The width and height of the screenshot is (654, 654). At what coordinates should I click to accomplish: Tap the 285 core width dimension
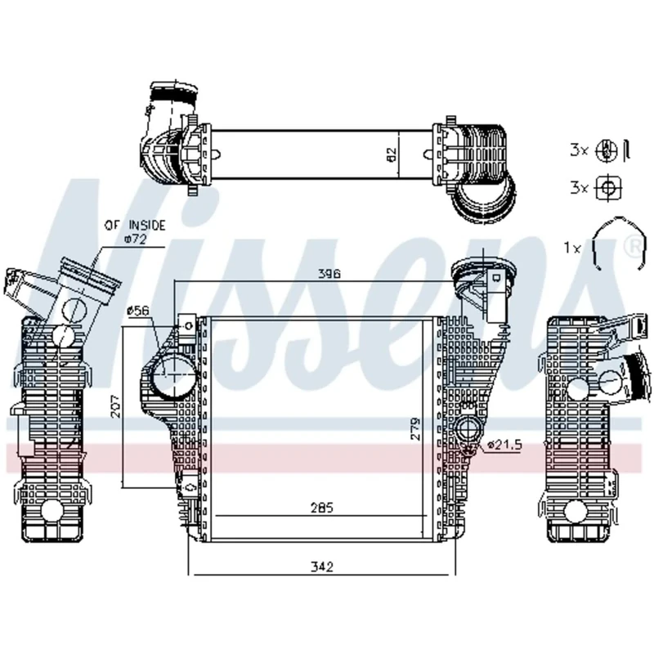(322, 507)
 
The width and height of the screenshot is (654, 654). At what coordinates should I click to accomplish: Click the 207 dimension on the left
(115, 406)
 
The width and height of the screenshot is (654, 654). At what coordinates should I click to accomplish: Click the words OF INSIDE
(134, 224)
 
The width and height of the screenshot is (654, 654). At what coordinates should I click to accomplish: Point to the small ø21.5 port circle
(469, 430)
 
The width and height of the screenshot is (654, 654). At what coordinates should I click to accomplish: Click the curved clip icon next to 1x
(611, 243)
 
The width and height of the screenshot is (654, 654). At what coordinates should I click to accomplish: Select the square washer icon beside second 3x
(607, 187)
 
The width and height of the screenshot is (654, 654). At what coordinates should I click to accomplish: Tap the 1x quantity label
(572, 246)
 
